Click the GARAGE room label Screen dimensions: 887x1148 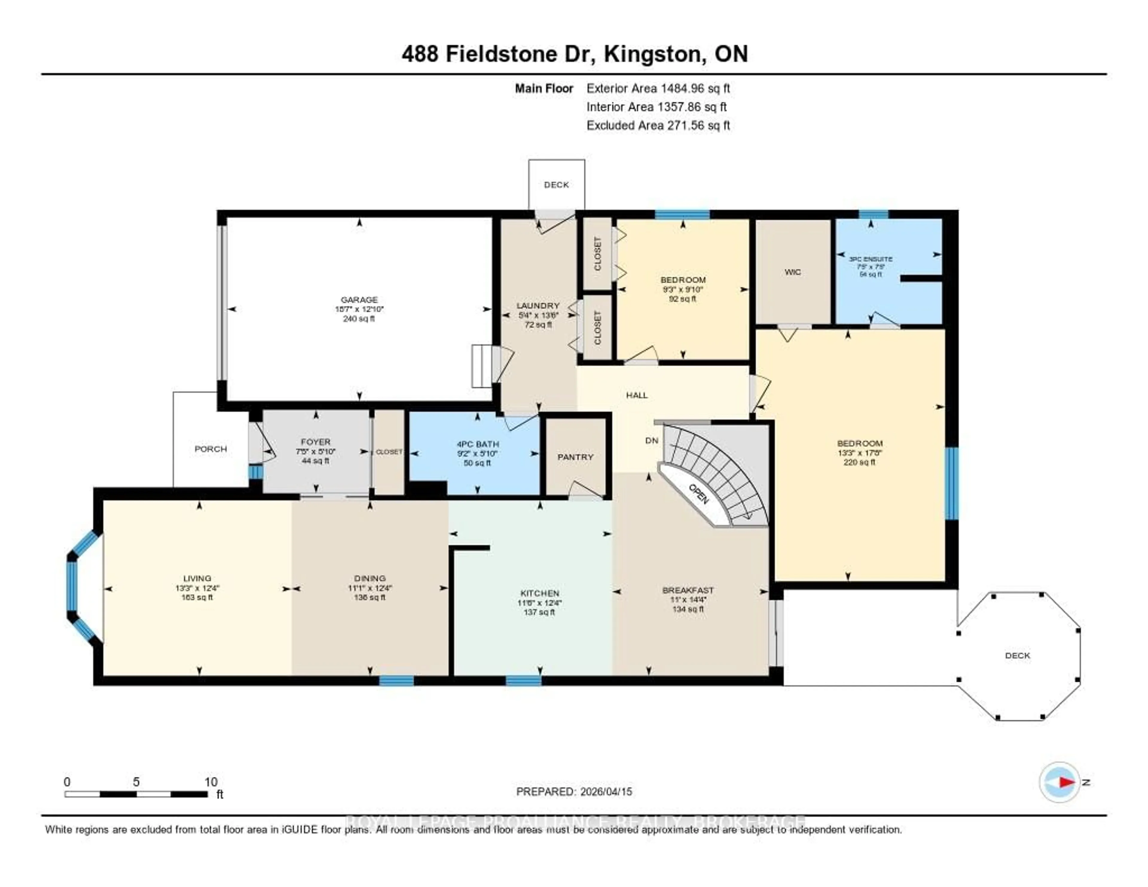(359, 300)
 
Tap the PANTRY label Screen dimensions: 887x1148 (575, 457)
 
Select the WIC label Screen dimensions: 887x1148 (792, 272)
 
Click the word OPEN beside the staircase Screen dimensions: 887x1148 (699, 494)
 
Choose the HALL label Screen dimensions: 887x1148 (636, 395)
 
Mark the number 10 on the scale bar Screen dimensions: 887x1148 (211, 782)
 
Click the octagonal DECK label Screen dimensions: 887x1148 (1017, 655)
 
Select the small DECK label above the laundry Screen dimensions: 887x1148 (556, 185)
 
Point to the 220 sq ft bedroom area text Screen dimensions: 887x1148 (860, 462)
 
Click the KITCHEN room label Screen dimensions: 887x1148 (539, 592)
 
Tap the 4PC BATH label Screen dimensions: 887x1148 (477, 444)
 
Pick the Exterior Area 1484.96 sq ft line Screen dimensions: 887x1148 (658, 88)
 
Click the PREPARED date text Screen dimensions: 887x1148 (574, 791)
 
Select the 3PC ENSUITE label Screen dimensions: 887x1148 (871, 259)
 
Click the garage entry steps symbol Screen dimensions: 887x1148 (482, 366)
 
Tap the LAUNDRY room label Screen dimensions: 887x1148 (538, 305)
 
